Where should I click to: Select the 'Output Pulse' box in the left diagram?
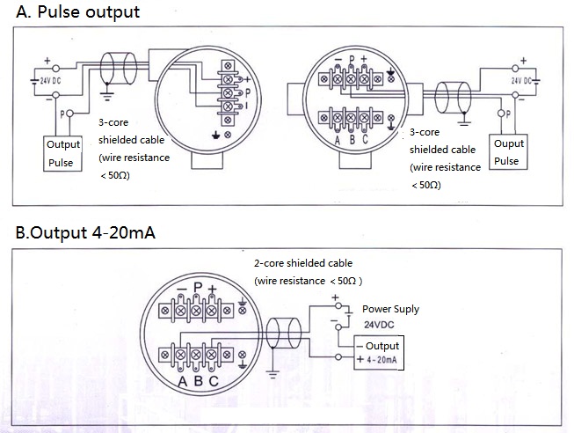click(x=63, y=153)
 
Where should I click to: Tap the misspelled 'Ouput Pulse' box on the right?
click(x=508, y=152)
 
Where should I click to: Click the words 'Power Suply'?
click(x=391, y=309)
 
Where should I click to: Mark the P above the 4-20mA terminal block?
click(x=199, y=288)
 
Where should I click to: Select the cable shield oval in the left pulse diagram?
click(x=116, y=69)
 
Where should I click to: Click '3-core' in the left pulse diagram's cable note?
click(x=112, y=125)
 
